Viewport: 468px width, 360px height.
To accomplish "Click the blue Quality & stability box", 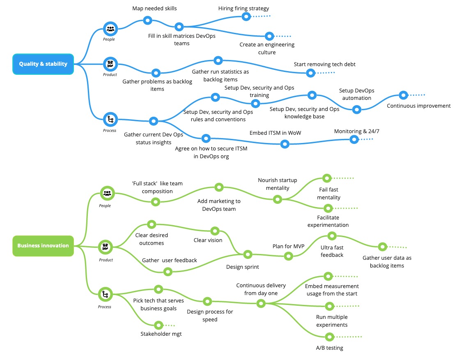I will (43, 64).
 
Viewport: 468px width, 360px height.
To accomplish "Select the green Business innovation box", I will (43, 246).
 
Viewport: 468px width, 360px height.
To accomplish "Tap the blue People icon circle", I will (110, 29).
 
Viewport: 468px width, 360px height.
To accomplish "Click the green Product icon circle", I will (106, 247).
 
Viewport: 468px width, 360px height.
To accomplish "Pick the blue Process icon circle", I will (110, 120).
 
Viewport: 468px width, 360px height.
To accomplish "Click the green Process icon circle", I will (106, 294).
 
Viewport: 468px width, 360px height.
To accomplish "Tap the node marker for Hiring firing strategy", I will (246, 16).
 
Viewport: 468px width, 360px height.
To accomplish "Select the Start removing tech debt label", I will (324, 64).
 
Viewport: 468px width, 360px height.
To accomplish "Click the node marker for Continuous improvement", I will (404, 95).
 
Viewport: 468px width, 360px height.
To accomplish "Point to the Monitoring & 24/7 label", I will (353, 131).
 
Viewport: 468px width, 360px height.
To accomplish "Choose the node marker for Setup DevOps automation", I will (357, 109).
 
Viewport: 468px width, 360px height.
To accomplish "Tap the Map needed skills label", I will (154, 8).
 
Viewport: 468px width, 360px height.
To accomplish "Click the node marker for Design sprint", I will (248, 254).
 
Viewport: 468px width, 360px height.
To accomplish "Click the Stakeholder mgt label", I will (161, 334).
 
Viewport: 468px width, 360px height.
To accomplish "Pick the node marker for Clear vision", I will (215, 231).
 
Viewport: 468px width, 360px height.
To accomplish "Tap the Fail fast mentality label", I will (328, 194).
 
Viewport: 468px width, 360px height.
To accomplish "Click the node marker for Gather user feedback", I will (167, 271).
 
